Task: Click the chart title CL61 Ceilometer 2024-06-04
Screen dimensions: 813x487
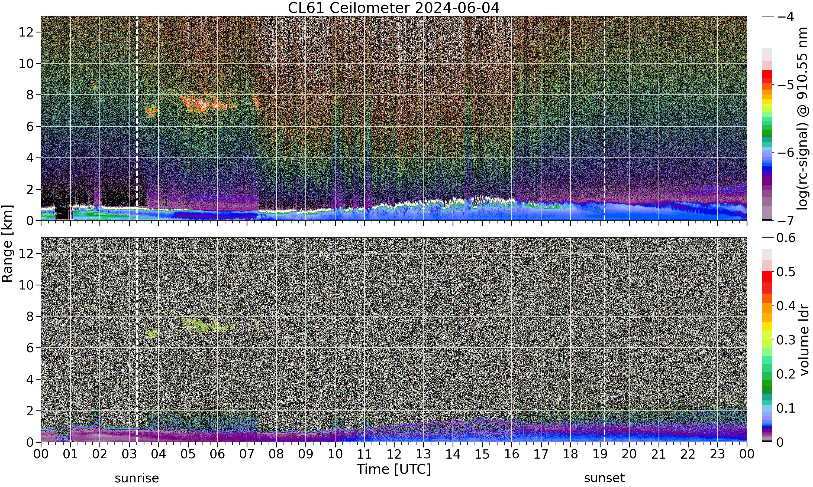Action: tap(393, 8)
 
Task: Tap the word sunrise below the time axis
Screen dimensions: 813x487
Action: tap(137, 478)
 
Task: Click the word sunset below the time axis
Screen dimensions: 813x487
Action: tap(604, 478)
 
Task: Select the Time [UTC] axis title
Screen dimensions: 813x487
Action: tap(393, 470)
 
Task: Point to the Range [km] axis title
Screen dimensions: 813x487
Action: tap(7, 243)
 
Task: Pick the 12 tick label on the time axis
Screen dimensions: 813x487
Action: tap(394, 455)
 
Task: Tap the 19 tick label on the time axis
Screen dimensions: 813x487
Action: tap(600, 455)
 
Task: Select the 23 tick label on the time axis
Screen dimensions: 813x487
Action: tap(717, 455)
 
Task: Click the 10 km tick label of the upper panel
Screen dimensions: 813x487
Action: tap(26, 64)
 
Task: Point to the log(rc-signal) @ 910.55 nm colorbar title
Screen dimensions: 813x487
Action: tap(803, 119)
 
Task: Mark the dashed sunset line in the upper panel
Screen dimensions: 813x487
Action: tap(604, 118)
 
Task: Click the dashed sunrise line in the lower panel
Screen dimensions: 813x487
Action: tap(137, 340)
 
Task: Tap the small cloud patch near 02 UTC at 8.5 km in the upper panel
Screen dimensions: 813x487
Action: tap(95, 87)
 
